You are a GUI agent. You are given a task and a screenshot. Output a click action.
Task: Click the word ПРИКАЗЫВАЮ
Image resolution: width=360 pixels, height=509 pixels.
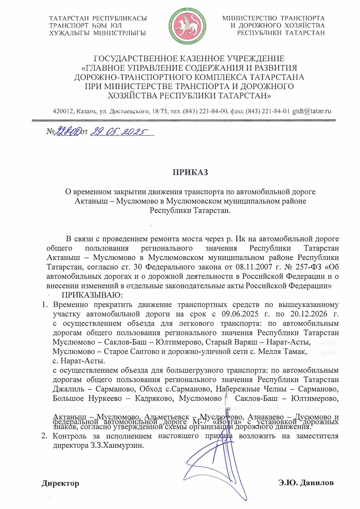point(93,295)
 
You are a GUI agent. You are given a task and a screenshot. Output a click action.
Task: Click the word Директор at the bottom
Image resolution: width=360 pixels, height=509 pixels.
point(60,483)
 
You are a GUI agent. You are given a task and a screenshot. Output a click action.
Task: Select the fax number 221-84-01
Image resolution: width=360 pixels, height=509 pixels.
point(276,111)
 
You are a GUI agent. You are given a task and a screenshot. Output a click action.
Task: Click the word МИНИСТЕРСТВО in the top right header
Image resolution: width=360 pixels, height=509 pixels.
point(249,18)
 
